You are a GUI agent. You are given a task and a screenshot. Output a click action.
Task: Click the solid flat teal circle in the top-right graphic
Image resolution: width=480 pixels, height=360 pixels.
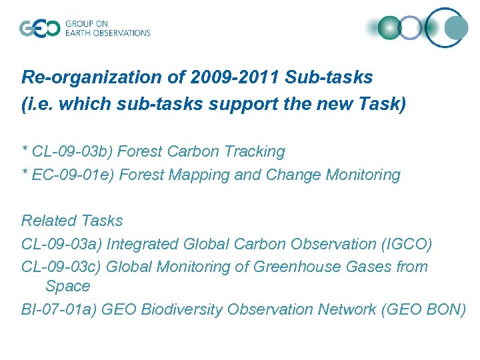pyautogui.click(x=456, y=28)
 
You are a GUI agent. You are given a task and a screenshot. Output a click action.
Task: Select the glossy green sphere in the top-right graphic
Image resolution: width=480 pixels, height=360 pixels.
pyautogui.click(x=389, y=28)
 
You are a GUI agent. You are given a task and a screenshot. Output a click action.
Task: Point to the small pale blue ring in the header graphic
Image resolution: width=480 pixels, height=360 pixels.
pyautogui.click(x=411, y=28)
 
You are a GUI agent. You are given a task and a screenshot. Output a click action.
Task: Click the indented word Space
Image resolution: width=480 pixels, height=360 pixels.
pyautogui.click(x=67, y=287)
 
